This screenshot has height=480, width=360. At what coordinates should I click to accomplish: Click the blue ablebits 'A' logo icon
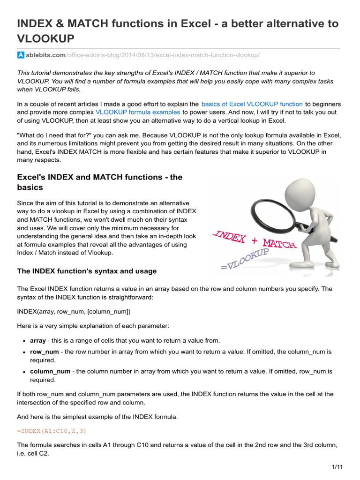pos(21,56)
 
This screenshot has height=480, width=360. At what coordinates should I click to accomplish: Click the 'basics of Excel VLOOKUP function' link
pos(252,104)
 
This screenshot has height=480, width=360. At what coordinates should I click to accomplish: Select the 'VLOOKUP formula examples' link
pos(138,112)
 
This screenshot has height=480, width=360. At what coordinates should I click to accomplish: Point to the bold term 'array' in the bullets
pos(38,341)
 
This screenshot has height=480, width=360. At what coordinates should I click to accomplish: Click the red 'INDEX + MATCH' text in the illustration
pos(254,239)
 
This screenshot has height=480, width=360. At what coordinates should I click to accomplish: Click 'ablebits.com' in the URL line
pos(46,56)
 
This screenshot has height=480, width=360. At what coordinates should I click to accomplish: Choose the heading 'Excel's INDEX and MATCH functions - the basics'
pos(99,182)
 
